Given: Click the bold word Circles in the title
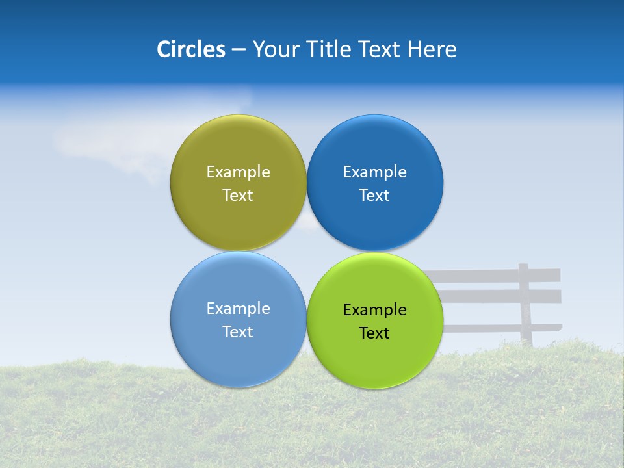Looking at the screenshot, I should tap(190, 49).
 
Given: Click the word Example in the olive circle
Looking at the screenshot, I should tap(238, 172).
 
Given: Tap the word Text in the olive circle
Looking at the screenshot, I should tap(238, 196).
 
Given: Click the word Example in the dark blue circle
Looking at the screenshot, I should tap(375, 172).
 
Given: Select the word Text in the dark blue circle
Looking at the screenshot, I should tap(375, 196).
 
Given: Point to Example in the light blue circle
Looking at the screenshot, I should tap(238, 309).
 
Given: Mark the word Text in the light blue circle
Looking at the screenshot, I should tap(238, 332).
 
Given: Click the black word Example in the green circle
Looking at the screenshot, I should tap(375, 310).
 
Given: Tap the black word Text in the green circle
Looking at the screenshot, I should tap(375, 333).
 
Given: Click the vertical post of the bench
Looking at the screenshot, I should tap(525, 305).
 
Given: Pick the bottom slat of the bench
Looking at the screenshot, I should tap(500, 328).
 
